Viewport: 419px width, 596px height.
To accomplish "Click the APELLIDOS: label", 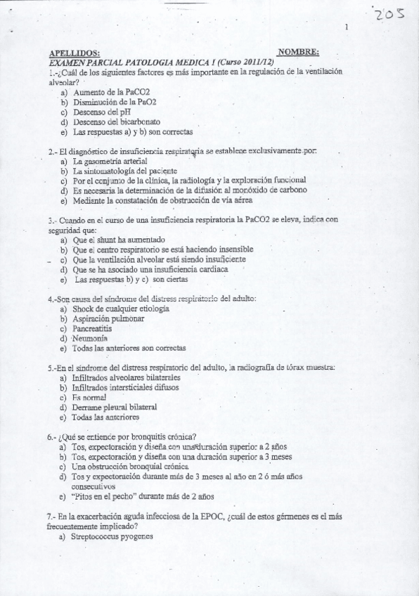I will (x=75, y=53).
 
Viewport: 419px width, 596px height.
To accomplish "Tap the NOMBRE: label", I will (x=298, y=51).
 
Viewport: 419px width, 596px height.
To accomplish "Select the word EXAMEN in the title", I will (x=66, y=62).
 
